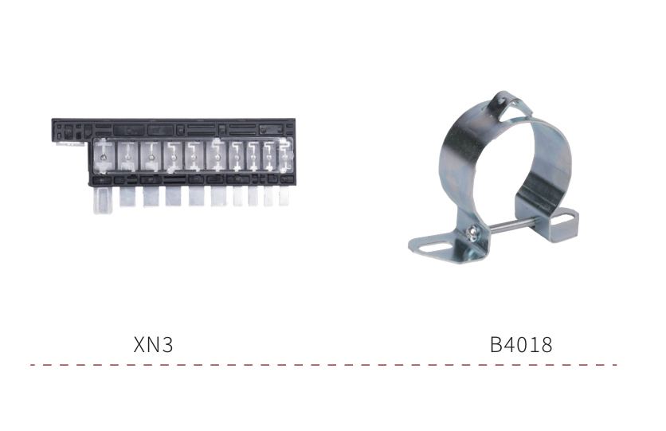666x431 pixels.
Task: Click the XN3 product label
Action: coord(153,344)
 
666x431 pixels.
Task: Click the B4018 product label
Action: coord(521,344)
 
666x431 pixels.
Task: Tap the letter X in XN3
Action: coord(139,344)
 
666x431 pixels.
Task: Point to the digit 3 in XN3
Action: coord(168,344)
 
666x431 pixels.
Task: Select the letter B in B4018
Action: coord(496,344)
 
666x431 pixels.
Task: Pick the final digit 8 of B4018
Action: coord(547,344)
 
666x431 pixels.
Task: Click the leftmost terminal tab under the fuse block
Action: coord(102,200)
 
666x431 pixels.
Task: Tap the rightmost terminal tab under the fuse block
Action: coord(284,196)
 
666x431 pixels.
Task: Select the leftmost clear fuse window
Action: coord(104,157)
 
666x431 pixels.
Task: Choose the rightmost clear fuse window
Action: coord(285,156)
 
